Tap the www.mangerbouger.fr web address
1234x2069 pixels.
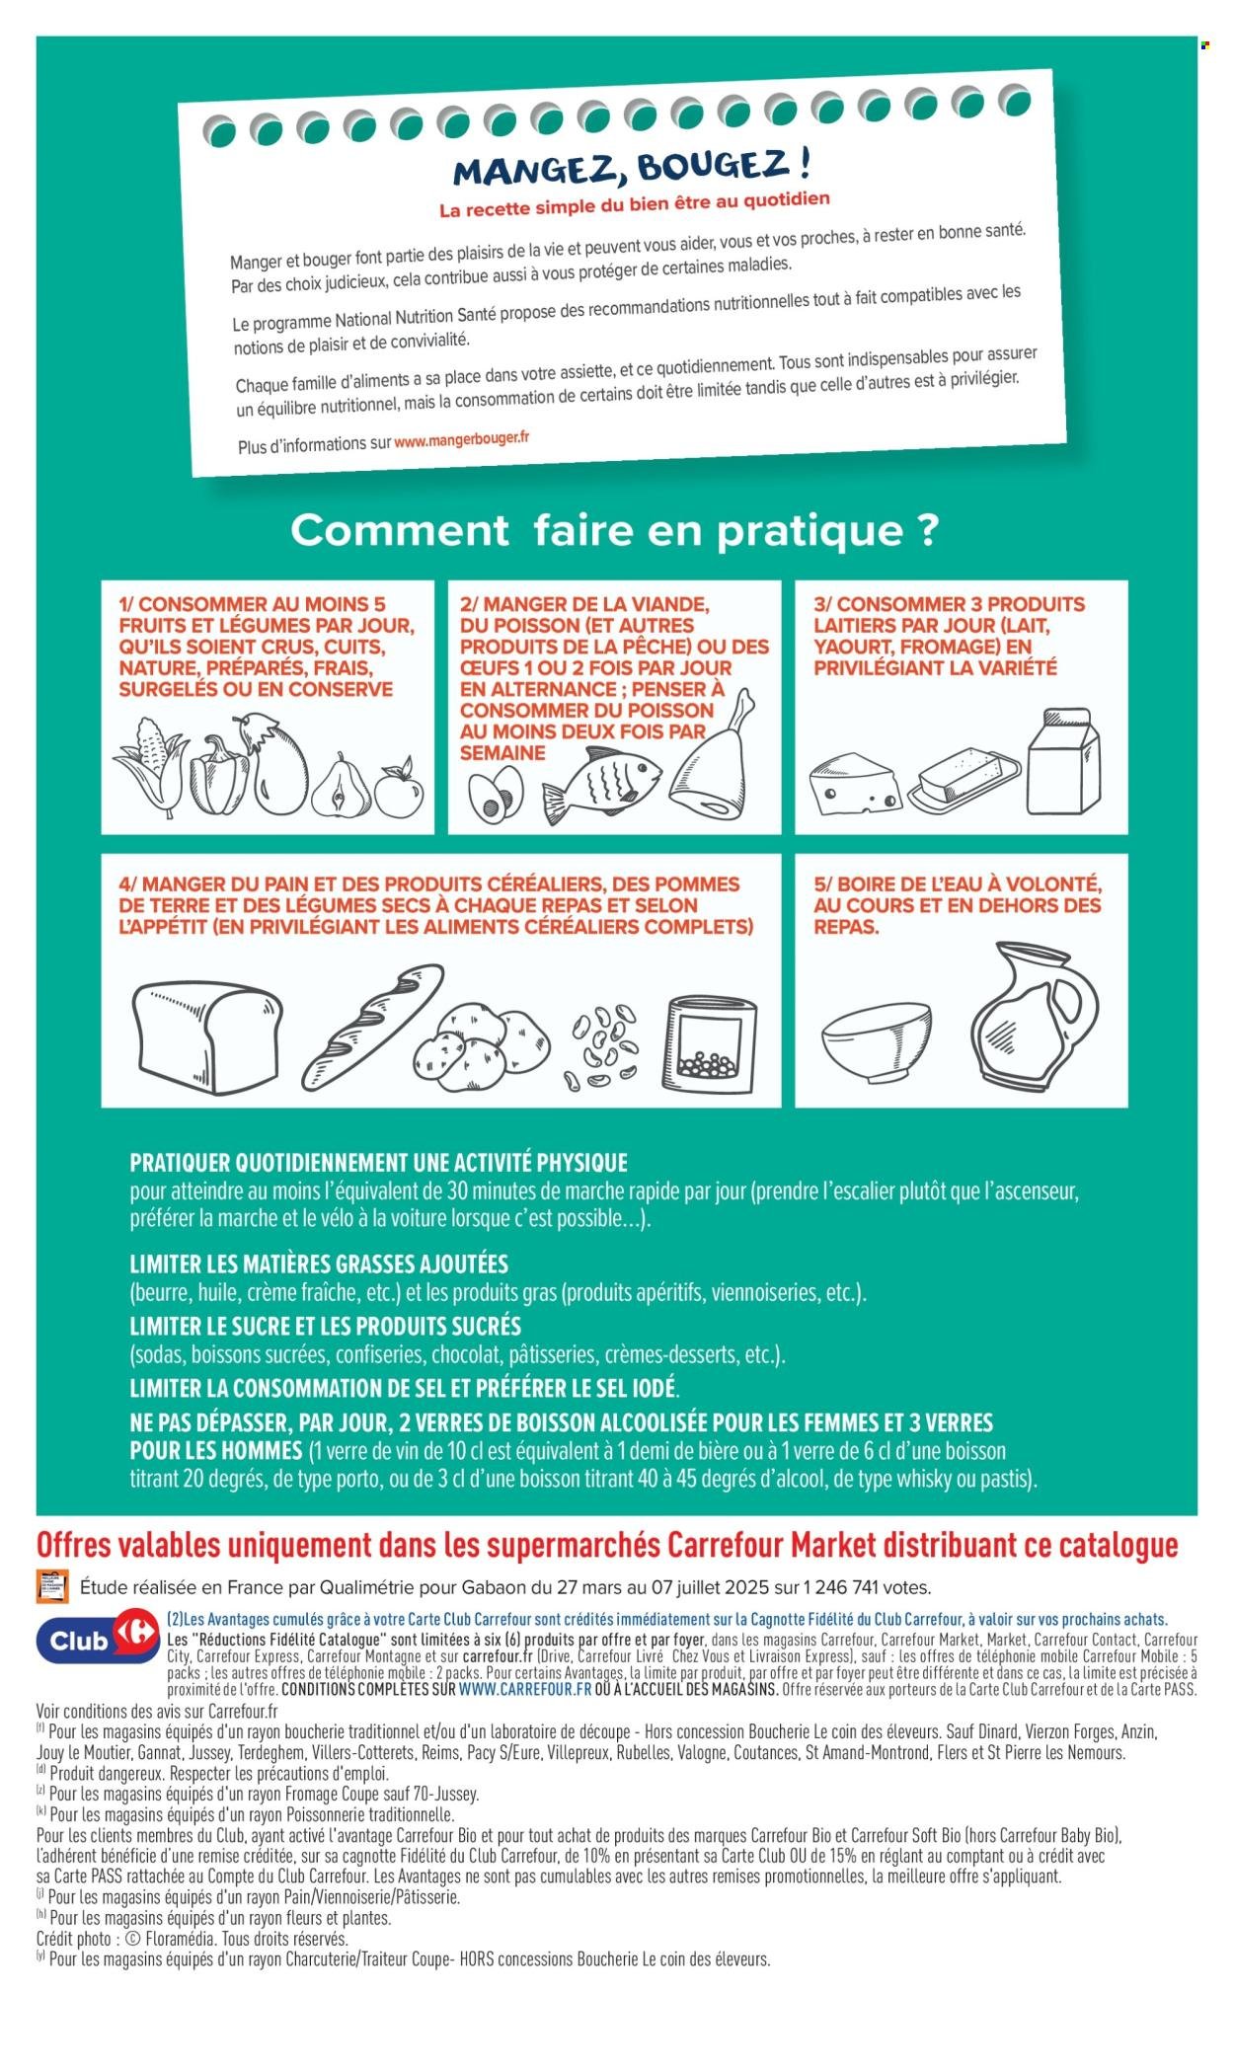pos(462,440)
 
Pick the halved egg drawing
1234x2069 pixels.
pos(498,796)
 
